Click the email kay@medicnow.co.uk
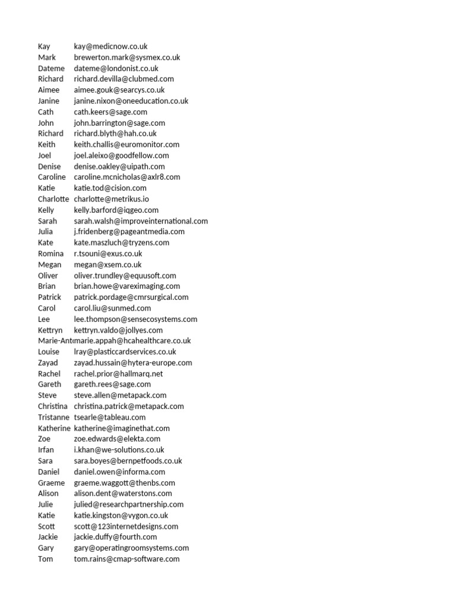[x=110, y=46]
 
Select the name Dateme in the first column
[x=51, y=68]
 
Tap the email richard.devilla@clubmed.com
[x=123, y=79]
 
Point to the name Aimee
[x=49, y=90]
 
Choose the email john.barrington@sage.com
[x=119, y=123]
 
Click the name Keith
[x=47, y=145]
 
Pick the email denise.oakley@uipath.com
[x=119, y=167]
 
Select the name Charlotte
[x=53, y=199]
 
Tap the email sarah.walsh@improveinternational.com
[x=141, y=221]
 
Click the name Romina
[x=50, y=254]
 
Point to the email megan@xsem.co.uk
[x=107, y=265]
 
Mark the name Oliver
[x=48, y=276]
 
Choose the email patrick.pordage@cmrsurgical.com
[x=131, y=298]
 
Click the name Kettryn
[x=50, y=330]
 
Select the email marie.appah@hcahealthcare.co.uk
[x=132, y=341]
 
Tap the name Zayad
[x=48, y=363]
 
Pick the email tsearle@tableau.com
[x=110, y=417]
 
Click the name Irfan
[x=46, y=450]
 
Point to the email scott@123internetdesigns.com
[x=126, y=526]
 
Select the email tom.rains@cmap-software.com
[x=126, y=559]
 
